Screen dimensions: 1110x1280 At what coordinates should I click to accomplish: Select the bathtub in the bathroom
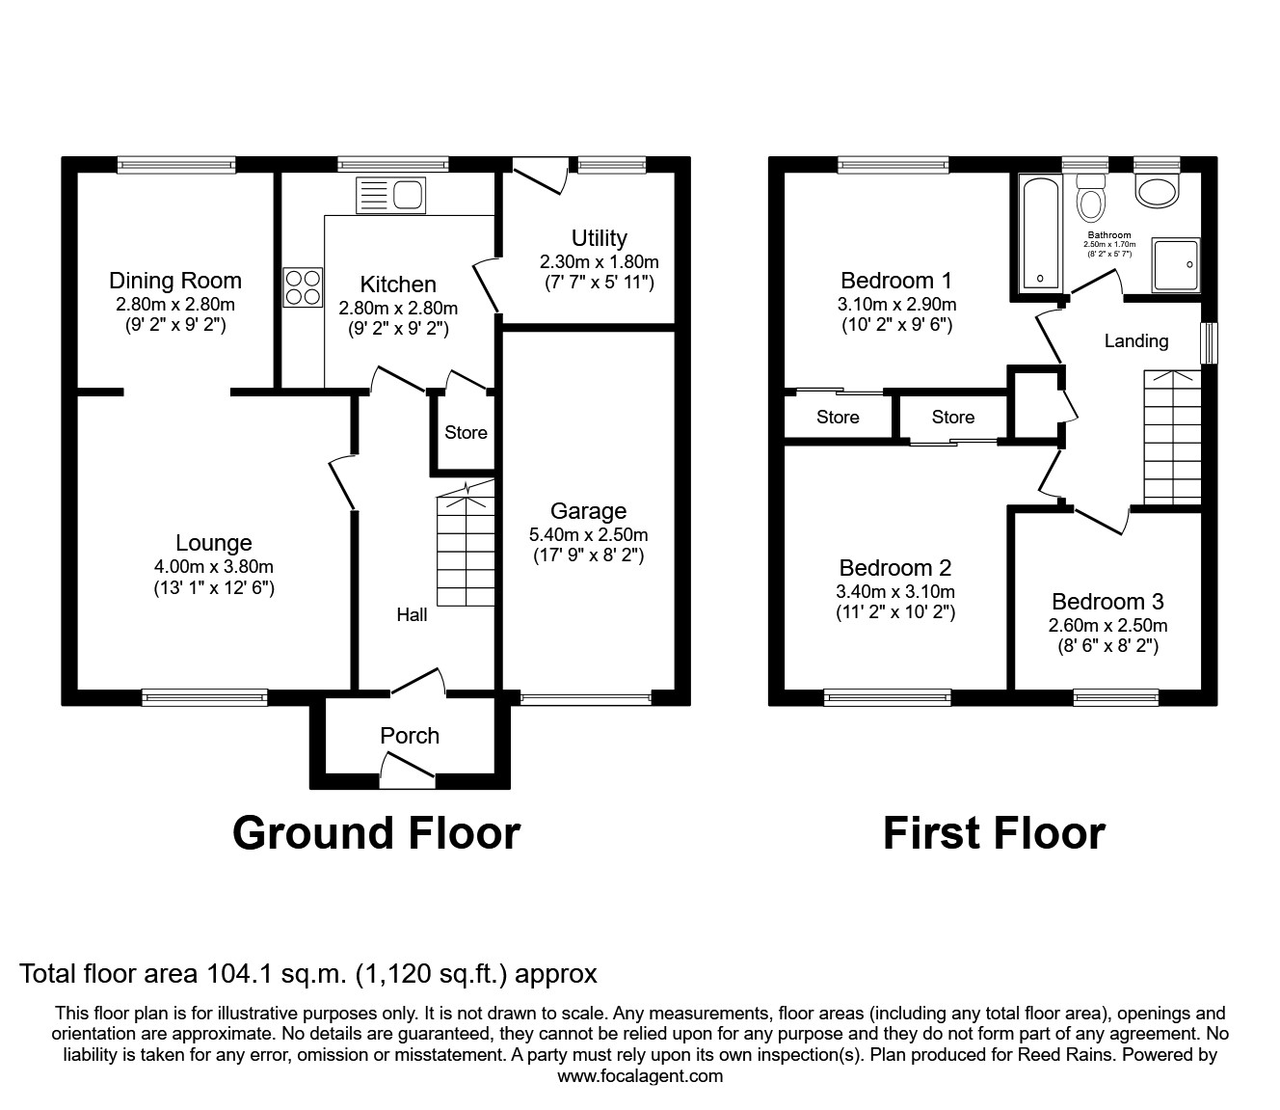pos(1039,231)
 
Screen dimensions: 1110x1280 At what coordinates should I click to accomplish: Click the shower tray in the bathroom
pos(1177,264)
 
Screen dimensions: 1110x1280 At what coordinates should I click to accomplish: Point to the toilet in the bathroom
pos(1091,200)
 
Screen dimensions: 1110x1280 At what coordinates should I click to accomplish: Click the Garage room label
pos(588,511)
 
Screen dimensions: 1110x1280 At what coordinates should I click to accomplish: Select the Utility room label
pos(599,238)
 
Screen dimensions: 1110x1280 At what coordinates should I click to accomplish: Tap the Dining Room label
pos(174,281)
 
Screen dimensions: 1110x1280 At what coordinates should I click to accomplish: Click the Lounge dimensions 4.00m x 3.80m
pos(214,566)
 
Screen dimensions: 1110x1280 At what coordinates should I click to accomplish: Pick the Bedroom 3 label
pos(1107,602)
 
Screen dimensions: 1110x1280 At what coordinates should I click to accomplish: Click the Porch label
pos(410,736)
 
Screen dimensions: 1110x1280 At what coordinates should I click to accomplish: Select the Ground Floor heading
pos(376,833)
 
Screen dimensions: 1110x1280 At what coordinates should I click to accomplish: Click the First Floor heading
pos(994,833)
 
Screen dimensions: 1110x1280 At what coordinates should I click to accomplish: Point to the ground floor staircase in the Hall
pos(465,550)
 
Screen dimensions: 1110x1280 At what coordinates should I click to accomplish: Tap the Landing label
pos(1135,340)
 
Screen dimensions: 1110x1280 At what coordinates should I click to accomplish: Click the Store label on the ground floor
pos(466,433)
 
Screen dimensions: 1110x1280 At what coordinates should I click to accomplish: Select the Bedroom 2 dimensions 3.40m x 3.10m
pos(895,590)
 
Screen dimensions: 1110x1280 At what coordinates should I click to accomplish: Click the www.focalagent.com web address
pos(640,1076)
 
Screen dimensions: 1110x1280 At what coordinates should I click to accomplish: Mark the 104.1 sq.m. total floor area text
pos(252,974)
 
